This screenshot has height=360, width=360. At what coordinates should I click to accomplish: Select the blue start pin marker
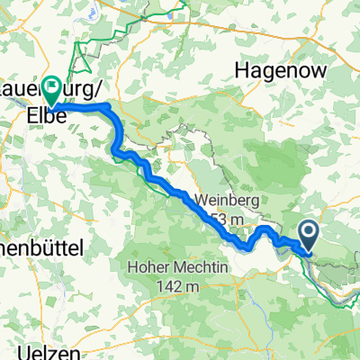308,236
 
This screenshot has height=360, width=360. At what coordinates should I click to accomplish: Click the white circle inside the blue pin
308,233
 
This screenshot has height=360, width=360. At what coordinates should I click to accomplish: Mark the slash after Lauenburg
88,92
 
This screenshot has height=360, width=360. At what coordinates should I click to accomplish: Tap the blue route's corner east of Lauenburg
109,107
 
